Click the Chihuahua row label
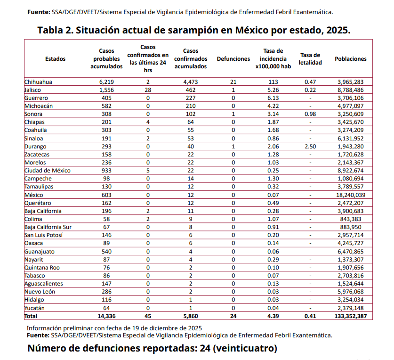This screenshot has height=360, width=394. tap(38, 82)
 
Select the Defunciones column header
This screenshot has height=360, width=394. tap(233, 59)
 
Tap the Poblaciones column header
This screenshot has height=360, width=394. tap(350, 59)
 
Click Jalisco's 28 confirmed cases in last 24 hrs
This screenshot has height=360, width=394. tap(148, 90)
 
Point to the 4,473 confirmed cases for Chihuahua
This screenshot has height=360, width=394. tap(191, 82)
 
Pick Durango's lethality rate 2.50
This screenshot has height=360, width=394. tap(310, 147)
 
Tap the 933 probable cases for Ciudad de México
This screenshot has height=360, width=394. tap(106, 171)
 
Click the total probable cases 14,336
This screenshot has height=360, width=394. tap(106, 316)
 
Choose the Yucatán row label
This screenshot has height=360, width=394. tap(34, 308)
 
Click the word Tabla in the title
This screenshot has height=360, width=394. tap(53, 31)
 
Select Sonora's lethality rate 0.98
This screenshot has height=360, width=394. tap(310, 114)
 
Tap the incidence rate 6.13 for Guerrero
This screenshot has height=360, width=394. tap(273, 98)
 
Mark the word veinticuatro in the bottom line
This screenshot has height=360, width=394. tap(245, 349)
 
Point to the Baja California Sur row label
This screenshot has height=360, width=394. tap(48, 227)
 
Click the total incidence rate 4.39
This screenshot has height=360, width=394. tap(273, 316)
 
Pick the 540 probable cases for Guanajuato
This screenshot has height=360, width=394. tap(106, 252)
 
